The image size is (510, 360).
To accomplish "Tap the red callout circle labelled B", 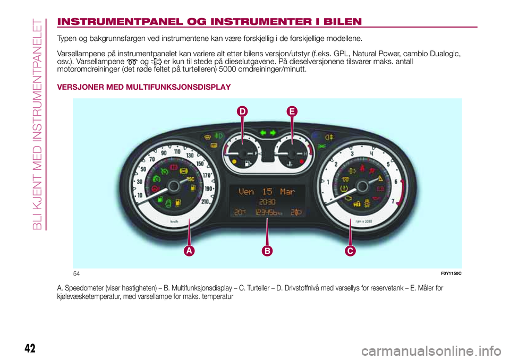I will [267, 250].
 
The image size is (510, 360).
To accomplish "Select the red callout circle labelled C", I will [350, 250].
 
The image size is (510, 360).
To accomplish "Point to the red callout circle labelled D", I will [242, 112].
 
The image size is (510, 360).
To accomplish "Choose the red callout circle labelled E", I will [292, 112].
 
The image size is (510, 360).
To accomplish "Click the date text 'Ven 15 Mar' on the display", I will [266, 191].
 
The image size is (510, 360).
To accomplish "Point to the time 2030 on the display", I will [267, 202].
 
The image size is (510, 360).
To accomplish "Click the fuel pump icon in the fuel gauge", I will [248, 162].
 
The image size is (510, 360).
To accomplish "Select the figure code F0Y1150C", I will [451, 273].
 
